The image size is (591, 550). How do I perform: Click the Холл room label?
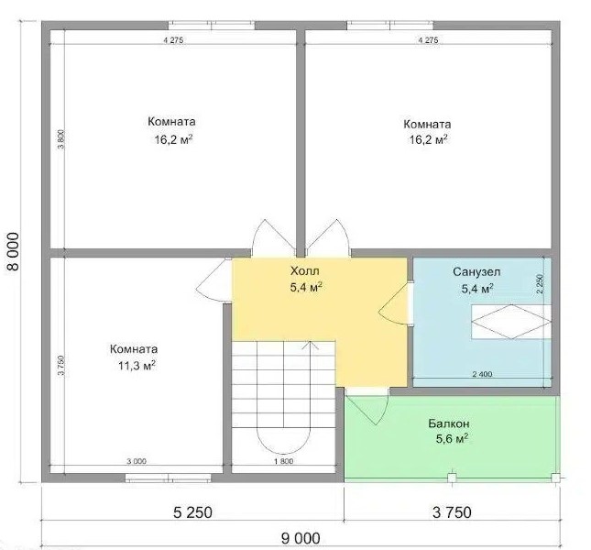304,271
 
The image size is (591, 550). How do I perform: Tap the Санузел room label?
476,272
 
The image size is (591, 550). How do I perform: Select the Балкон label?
449,423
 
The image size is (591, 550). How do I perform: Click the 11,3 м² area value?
137,366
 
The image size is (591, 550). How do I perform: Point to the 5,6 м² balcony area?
452,439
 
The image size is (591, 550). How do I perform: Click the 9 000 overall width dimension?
301,538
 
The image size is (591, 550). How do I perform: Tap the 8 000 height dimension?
13,251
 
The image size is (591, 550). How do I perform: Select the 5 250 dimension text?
192,512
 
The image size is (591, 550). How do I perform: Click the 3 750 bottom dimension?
452,512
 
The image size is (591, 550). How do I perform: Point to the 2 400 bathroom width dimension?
482,374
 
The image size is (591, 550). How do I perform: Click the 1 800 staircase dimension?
283,461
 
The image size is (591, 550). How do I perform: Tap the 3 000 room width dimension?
136,461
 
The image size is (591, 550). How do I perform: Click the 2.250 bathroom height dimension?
540,283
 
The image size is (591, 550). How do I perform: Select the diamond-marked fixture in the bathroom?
510,322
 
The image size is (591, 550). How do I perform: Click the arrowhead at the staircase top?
310,345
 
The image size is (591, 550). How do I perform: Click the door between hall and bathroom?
396,303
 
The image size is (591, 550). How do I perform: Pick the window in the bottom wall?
168,478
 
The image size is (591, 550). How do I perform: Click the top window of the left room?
211,26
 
